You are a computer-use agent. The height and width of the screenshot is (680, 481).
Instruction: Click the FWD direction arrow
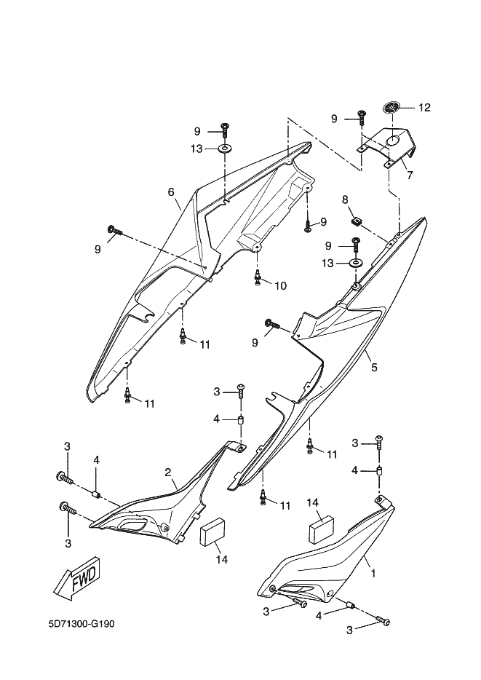coord(78,580)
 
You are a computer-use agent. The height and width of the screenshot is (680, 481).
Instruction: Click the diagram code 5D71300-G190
coord(82,624)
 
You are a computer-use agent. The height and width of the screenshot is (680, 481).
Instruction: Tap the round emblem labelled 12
coord(391,107)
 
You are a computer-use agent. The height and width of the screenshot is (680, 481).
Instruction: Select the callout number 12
coord(425,108)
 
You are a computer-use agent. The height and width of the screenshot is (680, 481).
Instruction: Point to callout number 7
coord(410,175)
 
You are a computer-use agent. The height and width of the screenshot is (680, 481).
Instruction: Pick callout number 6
coord(171,191)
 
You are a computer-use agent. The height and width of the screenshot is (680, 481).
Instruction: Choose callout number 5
coord(374,367)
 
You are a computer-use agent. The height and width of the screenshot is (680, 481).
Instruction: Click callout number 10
coord(281,286)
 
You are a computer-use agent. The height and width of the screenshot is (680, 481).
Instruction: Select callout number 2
coord(167,473)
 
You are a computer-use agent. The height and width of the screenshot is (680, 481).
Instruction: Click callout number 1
coord(373,573)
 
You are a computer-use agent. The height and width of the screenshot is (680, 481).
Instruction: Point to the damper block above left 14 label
coord(210,531)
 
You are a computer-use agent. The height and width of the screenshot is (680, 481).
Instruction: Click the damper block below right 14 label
coord(322,529)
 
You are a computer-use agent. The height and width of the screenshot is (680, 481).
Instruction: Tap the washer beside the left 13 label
coord(224,149)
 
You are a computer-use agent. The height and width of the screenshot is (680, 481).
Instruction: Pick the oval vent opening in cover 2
coord(132,525)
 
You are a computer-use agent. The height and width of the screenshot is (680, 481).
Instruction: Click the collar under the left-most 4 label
coord(96,494)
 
